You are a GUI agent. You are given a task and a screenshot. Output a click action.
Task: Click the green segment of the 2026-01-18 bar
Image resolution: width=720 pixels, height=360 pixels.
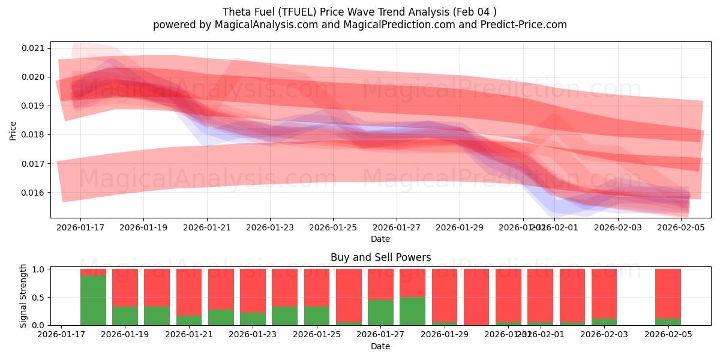93,300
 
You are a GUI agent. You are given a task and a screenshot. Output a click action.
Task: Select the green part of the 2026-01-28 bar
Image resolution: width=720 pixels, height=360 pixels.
412,311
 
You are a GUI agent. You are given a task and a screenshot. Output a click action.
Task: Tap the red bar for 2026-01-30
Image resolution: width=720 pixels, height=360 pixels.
476,297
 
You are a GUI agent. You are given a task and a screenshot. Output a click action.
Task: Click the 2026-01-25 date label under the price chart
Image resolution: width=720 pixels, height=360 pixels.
333,228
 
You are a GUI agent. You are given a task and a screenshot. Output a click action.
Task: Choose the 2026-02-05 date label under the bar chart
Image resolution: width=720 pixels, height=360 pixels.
668,335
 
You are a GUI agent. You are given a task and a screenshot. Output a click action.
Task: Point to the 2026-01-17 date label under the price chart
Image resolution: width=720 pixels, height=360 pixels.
80,228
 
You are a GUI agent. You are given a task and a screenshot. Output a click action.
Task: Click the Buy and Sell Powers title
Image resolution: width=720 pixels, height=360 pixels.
380,257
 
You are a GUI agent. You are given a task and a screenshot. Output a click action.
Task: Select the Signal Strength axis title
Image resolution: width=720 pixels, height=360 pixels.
23,296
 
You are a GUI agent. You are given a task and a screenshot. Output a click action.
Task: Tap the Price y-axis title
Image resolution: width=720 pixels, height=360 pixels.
13,130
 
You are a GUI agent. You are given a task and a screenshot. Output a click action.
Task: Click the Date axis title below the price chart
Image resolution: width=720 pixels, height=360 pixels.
380,239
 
